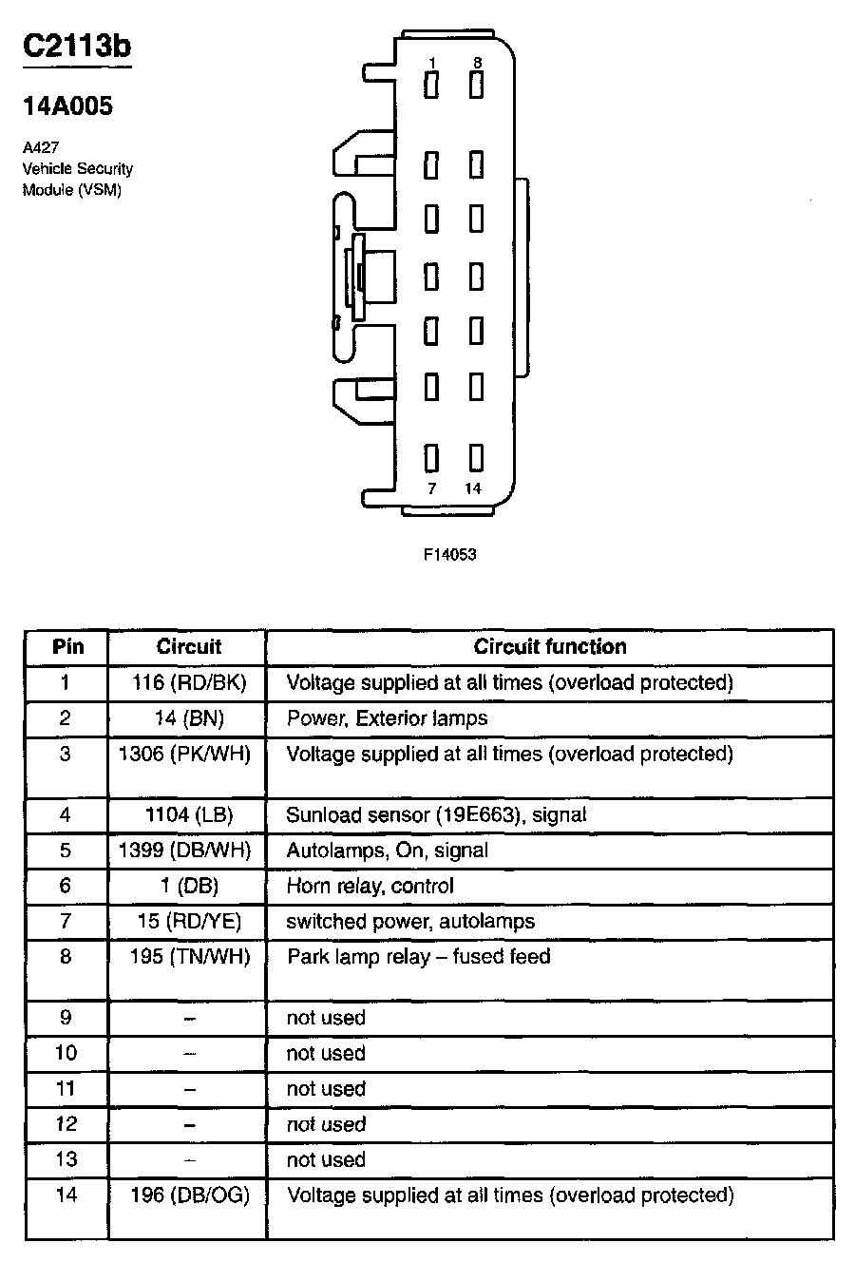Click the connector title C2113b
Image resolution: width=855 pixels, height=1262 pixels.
[x=77, y=48]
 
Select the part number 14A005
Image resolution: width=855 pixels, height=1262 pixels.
[x=67, y=106]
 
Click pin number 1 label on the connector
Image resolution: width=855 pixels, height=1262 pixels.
[x=432, y=63]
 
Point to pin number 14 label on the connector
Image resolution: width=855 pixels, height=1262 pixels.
[x=472, y=488]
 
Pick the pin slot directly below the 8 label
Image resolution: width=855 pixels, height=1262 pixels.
[x=476, y=86]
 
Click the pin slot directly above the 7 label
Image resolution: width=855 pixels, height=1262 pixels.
[x=431, y=459]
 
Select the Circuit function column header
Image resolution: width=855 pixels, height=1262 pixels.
[x=550, y=647]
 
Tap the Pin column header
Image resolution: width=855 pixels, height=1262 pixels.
[x=67, y=647]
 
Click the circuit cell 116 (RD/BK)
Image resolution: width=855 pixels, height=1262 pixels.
[x=189, y=682]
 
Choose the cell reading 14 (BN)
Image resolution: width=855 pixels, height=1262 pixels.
[x=189, y=718]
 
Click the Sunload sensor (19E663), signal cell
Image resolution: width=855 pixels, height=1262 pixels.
[x=436, y=814]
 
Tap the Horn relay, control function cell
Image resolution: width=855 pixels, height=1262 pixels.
[x=370, y=886]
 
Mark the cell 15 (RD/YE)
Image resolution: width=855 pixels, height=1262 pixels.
[x=189, y=921]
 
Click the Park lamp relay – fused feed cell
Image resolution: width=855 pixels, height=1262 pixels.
[x=418, y=956]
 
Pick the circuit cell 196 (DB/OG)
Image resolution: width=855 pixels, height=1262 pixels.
[x=189, y=1195]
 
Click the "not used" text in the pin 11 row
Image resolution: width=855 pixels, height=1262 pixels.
[x=326, y=1089]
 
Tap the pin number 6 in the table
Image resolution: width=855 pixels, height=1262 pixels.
[x=66, y=886]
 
